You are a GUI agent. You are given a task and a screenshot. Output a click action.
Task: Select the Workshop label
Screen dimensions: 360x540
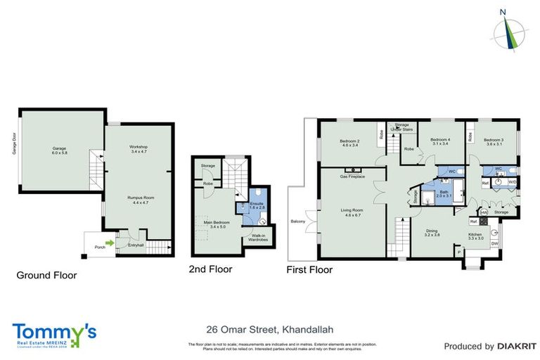[138, 148]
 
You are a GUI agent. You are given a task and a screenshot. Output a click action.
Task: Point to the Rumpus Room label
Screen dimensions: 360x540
[140, 200]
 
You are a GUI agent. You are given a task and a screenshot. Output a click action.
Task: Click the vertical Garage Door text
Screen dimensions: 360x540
[14, 143]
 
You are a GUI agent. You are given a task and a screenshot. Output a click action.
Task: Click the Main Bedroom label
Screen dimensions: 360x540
[218, 226]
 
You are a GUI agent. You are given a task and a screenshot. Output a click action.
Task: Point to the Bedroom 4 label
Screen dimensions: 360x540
[440, 141]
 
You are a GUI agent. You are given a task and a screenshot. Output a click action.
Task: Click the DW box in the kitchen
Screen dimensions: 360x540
[495, 244]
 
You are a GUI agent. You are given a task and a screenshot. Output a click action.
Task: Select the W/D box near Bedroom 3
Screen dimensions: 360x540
[511, 182]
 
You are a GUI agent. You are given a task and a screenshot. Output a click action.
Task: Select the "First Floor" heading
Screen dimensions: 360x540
[309, 270]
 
